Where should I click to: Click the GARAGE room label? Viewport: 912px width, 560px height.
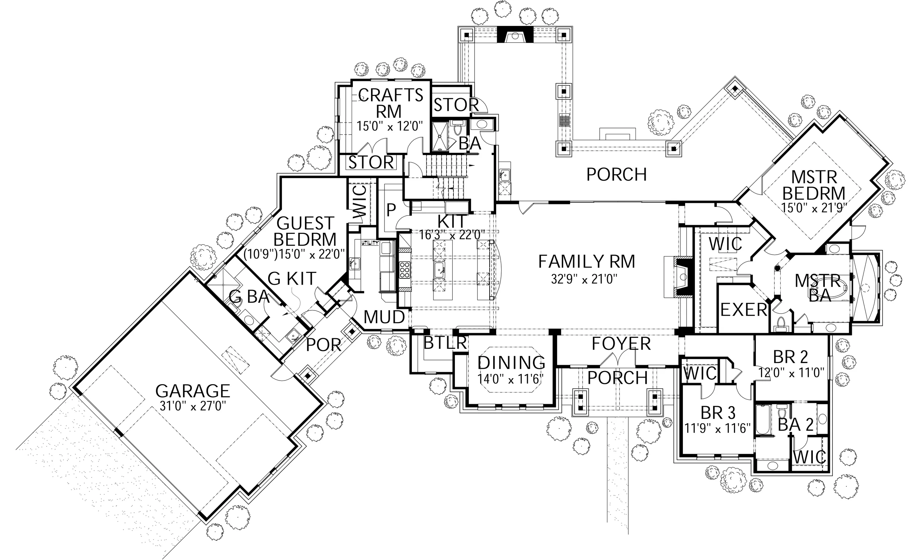coord(193,391)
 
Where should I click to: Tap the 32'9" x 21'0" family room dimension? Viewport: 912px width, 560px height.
coord(584,279)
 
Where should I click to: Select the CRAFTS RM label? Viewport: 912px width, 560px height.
coord(390,103)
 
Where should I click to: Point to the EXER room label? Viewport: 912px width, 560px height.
coord(743,310)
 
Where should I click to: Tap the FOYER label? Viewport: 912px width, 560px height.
coord(621,344)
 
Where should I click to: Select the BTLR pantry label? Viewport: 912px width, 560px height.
coord(445,343)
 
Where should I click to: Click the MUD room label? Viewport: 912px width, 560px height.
coord(384,317)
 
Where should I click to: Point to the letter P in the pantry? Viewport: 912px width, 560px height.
coord(391,211)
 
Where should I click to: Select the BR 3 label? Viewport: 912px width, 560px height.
coord(718,413)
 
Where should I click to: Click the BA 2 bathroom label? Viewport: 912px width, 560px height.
coord(795,425)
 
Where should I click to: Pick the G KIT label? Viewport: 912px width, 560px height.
coord(292,279)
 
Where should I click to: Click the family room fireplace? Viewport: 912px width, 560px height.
coord(682,276)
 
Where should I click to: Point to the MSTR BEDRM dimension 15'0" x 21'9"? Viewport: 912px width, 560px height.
coord(814,208)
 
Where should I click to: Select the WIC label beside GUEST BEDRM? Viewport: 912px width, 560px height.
coord(360,202)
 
